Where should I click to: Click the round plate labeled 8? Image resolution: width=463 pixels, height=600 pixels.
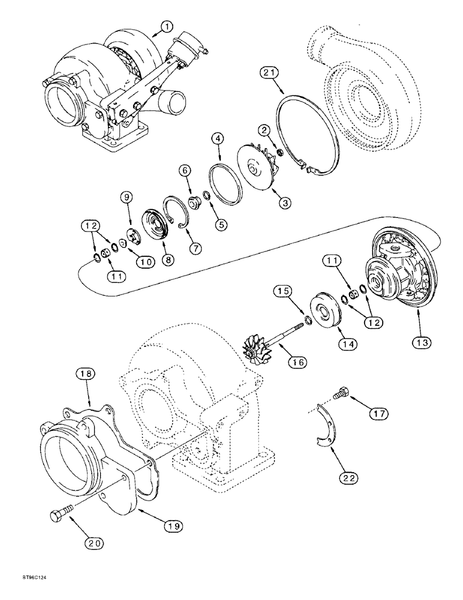pos(158,223)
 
